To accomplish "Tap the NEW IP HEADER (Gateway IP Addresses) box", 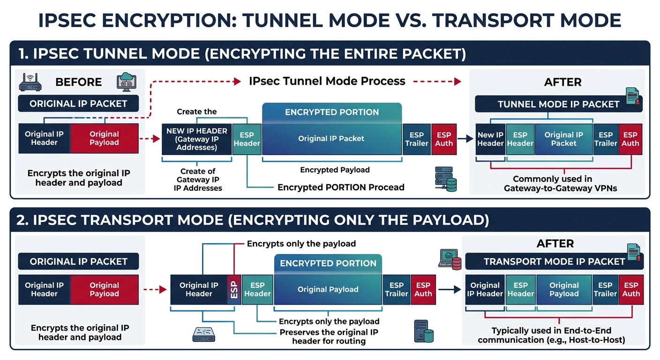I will [197, 139].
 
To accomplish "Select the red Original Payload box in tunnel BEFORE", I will [104, 138].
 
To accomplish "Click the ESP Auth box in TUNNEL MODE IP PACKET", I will [630, 139].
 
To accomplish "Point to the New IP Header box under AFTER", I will [490, 139].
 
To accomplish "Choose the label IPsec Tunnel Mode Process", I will [327, 81].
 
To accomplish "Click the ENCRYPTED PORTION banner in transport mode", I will [328, 263].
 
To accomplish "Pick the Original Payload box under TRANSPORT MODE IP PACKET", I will [564, 289].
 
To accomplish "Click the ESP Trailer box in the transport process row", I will [397, 289].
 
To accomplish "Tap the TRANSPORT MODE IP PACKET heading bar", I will [554, 262].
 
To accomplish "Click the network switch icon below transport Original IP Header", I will [203, 334].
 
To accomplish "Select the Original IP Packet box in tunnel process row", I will [331, 139].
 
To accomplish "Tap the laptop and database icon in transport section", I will [450, 258].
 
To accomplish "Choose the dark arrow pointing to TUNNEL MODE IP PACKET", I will [464, 139].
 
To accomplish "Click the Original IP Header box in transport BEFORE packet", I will [44, 289].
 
